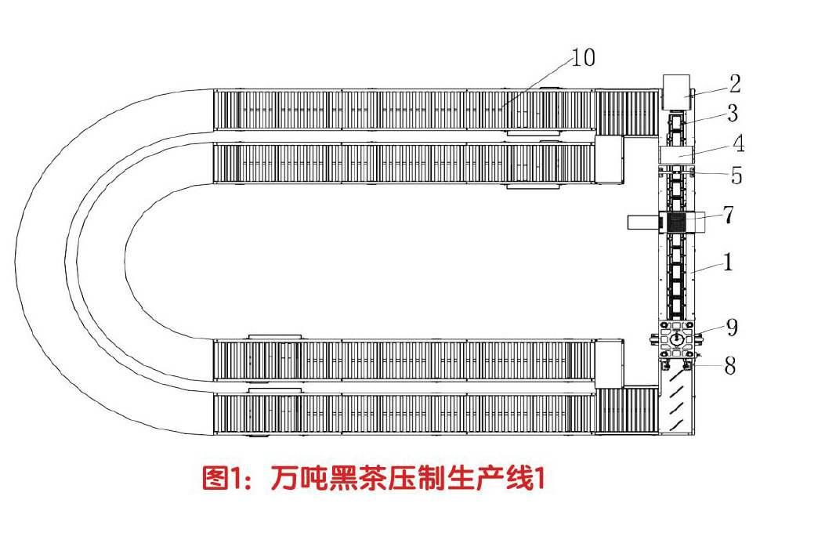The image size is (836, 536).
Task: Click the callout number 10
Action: tap(583, 58)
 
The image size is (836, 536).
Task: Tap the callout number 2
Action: tap(734, 84)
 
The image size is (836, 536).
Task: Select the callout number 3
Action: tap(732, 114)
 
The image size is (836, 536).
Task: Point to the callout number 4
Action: tap(736, 144)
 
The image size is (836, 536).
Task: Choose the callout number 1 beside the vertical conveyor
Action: tap(728, 263)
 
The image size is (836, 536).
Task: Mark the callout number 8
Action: tap(729, 365)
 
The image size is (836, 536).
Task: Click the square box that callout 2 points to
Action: tap(676, 92)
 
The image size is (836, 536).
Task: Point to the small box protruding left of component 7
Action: tap(643, 222)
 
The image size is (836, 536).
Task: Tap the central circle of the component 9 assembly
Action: tap(677, 338)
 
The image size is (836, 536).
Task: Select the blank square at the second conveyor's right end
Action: tap(609, 161)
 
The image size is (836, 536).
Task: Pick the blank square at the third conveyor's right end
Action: tap(609, 363)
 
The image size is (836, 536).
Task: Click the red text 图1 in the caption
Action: tap(222, 477)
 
